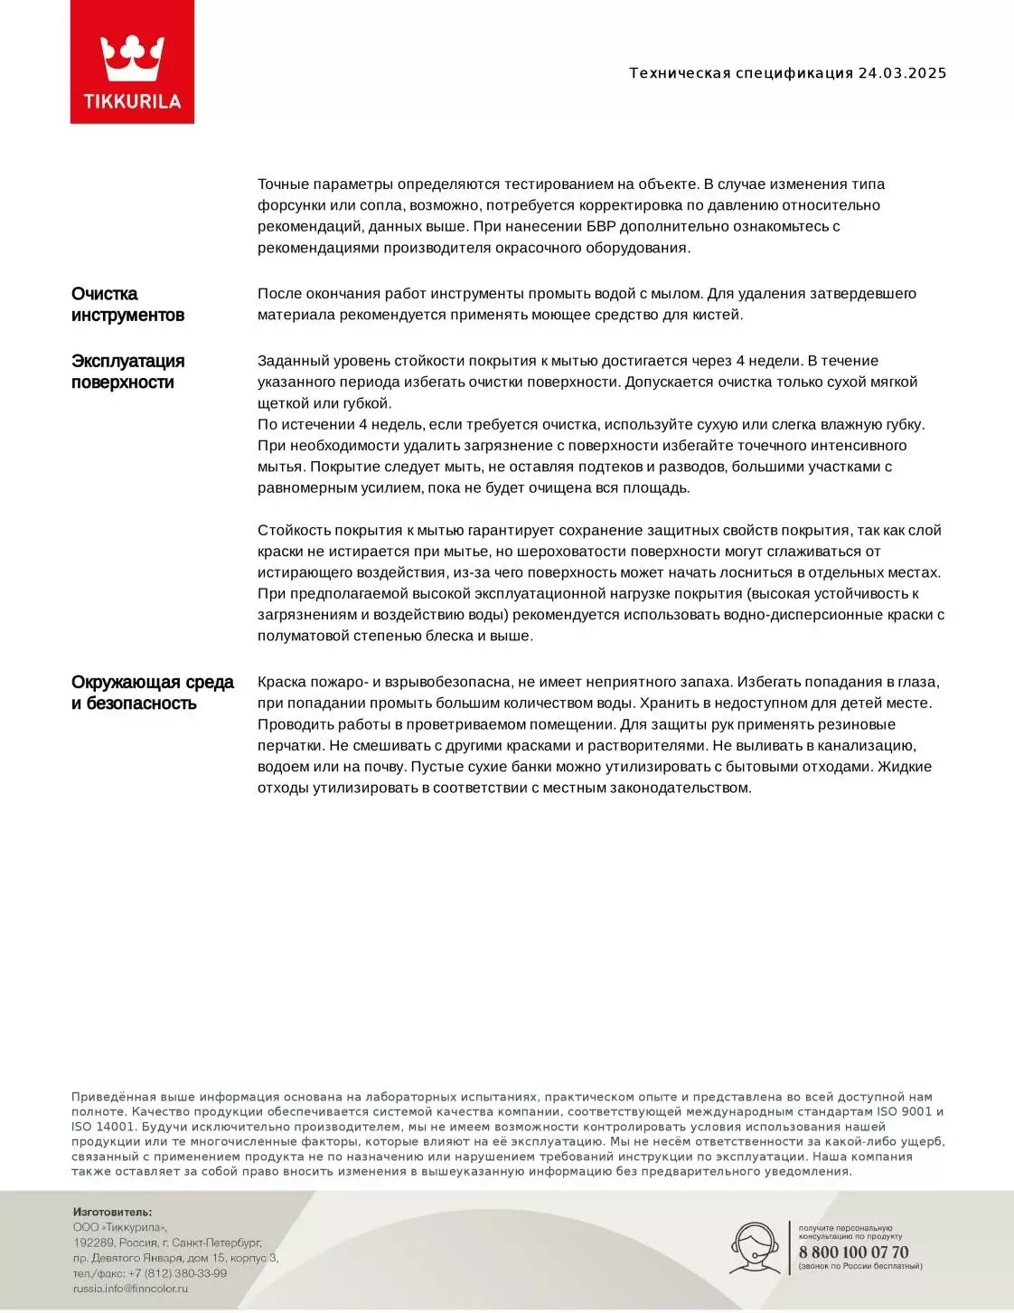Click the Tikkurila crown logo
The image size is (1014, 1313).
[132, 61]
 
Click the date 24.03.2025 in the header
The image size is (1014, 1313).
[901, 73]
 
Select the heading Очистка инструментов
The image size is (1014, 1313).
[127, 305]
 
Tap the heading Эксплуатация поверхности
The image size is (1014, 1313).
[127, 372]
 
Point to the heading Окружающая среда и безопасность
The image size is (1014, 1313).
[152, 693]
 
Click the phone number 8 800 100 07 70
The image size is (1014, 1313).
[853, 1252]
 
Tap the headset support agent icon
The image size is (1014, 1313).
[756, 1248]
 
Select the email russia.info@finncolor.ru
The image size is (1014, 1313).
[130, 1289]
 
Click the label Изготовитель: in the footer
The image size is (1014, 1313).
[112, 1213]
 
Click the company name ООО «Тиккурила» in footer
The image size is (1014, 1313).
[120, 1228]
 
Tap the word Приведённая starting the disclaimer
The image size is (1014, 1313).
[115, 1098]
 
